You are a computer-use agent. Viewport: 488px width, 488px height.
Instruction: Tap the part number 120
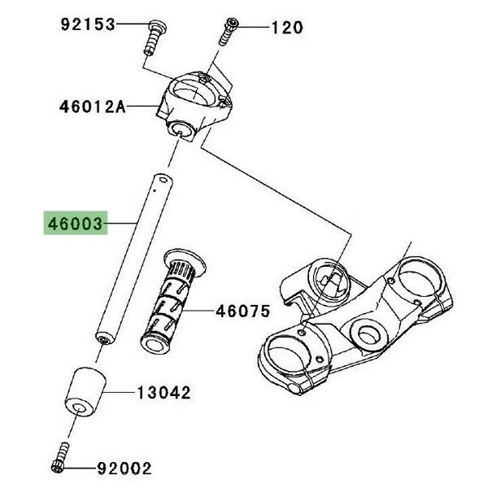point(287,28)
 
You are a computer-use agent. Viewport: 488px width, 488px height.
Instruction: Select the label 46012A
point(92,106)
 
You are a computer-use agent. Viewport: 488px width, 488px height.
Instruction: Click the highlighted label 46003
point(76,223)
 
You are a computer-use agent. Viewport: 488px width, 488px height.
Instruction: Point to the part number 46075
point(242,310)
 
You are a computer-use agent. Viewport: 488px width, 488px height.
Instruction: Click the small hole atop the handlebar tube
point(162,179)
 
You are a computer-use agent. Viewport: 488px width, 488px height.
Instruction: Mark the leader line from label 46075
point(201,310)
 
